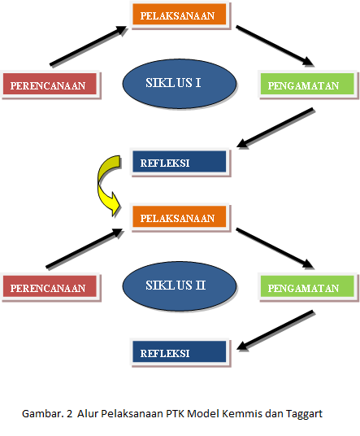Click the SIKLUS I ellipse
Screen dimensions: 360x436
coord(180,84)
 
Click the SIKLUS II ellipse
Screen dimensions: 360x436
coord(180,286)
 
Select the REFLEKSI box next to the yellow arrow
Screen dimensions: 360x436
coord(180,163)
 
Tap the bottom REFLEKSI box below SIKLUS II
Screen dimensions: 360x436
coord(180,353)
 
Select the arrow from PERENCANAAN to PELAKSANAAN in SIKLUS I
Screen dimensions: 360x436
coord(89,46)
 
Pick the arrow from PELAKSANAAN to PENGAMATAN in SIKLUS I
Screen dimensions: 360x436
coord(275,46)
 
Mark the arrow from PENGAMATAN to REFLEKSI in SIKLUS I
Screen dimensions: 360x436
coord(275,128)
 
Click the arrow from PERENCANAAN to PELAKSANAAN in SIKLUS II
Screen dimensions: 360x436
coord(85,249)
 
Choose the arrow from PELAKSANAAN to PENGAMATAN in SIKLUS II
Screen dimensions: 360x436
coord(275,249)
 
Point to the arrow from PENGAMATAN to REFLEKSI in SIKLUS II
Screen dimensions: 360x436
coord(275,330)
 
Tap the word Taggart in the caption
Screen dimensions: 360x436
coord(304,414)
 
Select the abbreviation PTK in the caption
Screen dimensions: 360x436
coord(176,413)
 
